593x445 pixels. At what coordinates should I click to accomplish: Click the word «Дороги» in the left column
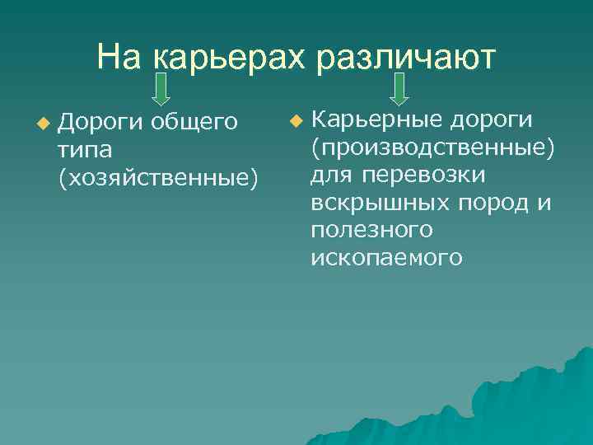[100, 124]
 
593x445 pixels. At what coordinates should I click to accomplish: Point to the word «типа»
[85, 150]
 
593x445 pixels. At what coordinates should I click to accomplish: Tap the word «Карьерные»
[376, 120]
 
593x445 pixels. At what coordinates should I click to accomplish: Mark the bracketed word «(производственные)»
[432, 148]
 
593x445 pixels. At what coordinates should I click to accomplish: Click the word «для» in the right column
[332, 176]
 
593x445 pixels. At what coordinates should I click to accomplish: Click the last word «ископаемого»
[386, 259]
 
